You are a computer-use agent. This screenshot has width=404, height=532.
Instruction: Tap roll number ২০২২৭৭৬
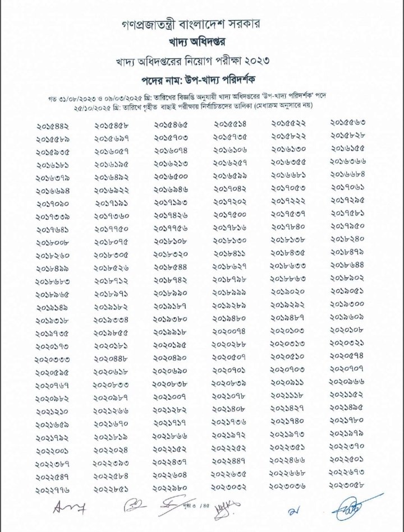[x=54, y=491]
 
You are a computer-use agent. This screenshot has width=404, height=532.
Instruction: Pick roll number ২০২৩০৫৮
[x=347, y=484]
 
